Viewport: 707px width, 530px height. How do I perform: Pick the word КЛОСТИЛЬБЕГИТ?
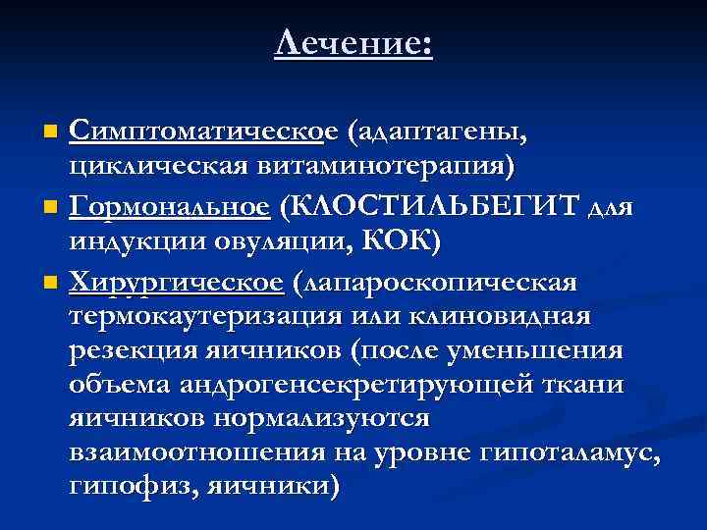pyautogui.click(x=432, y=207)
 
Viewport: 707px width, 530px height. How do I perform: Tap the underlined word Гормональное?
pyautogui.click(x=183, y=208)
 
